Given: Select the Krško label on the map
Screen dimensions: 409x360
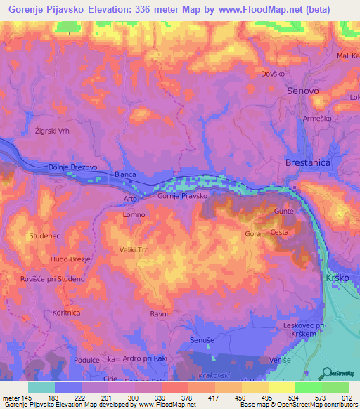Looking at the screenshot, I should click(339, 279).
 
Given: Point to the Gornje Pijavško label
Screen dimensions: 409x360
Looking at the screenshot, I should click(182, 196).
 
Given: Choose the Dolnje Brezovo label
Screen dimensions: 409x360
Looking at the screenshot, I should click(72, 167).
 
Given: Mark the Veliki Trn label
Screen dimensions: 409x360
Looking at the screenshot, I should click(135, 249).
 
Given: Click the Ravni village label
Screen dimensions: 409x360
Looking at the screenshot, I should click(159, 313).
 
